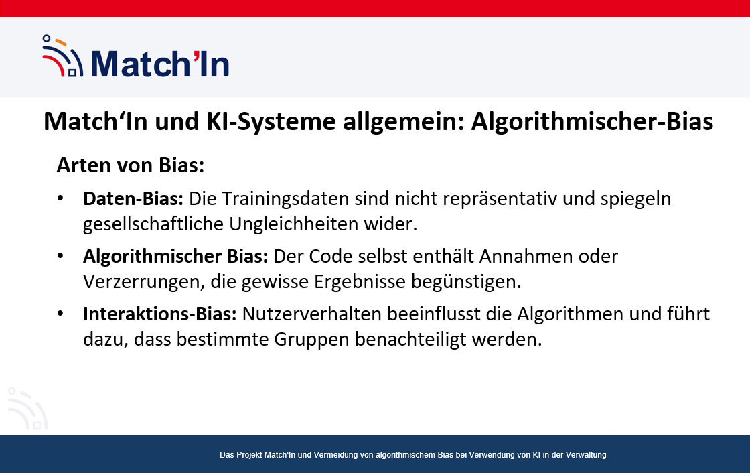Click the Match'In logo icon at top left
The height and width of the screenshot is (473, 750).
pyautogui.click(x=63, y=56)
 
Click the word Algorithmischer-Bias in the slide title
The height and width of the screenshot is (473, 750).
pyautogui.click(x=592, y=121)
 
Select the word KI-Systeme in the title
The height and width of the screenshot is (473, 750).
pyautogui.click(x=271, y=122)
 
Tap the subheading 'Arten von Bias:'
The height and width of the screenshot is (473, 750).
pyautogui.click(x=131, y=165)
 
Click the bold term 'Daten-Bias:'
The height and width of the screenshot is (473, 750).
pyautogui.click(x=133, y=199)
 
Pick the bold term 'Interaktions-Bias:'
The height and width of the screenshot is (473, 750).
pyautogui.click(x=160, y=314)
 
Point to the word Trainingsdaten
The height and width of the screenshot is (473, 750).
pyautogui.click(x=285, y=199)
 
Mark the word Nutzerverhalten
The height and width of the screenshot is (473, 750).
pyautogui.click(x=312, y=314)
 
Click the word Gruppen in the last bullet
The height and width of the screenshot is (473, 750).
pyautogui.click(x=311, y=340)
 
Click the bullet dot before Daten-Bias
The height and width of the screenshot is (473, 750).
pyautogui.click(x=60, y=198)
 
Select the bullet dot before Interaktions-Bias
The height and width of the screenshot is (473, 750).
pyautogui.click(x=60, y=314)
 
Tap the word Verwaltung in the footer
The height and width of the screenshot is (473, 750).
pyautogui.click(x=586, y=455)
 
